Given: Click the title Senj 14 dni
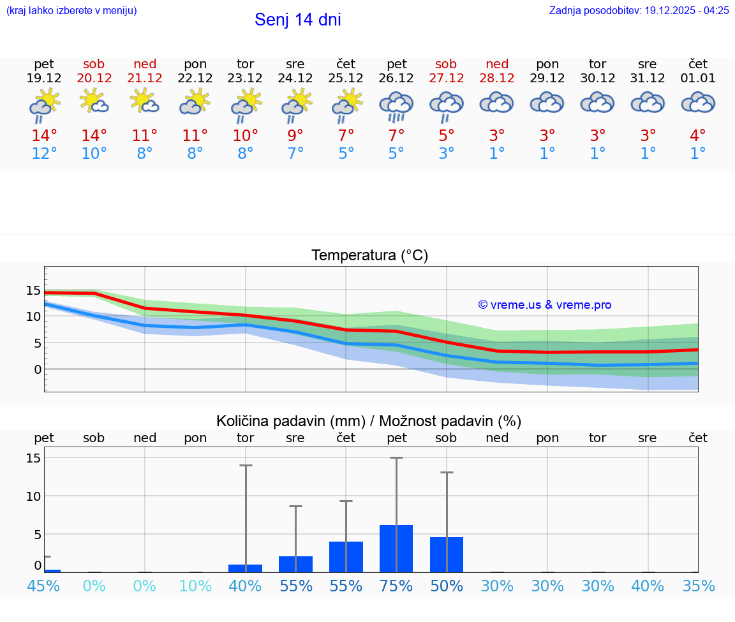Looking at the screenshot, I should pyautogui.click(x=297, y=20).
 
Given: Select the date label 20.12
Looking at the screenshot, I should pyautogui.click(x=94, y=78).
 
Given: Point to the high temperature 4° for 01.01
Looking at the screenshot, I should pyautogui.click(x=698, y=136).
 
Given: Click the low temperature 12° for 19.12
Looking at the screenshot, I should pyautogui.click(x=44, y=154).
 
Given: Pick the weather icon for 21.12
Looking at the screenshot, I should pyautogui.click(x=145, y=101).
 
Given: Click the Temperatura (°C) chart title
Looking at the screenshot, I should pyautogui.click(x=369, y=256).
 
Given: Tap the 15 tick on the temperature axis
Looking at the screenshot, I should pyautogui.click(x=33, y=290).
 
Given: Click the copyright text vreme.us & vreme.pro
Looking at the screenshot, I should pyautogui.click(x=544, y=305).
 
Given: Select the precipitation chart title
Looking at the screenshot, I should pyautogui.click(x=369, y=421).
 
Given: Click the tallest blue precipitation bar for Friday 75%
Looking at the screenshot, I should pyautogui.click(x=396, y=549).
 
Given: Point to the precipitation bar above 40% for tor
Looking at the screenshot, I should pyautogui.click(x=246, y=568).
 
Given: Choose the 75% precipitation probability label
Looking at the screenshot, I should pyautogui.click(x=396, y=586).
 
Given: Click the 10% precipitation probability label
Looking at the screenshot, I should pyautogui.click(x=195, y=586).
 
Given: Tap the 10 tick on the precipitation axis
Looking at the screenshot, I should pyautogui.click(x=34, y=496).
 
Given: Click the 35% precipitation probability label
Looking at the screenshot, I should pyautogui.click(x=698, y=586).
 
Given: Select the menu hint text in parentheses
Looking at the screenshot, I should pyautogui.click(x=71, y=10).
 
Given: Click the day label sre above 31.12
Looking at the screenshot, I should pyautogui.click(x=648, y=64).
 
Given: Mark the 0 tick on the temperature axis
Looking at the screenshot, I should pyautogui.click(x=38, y=369).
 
